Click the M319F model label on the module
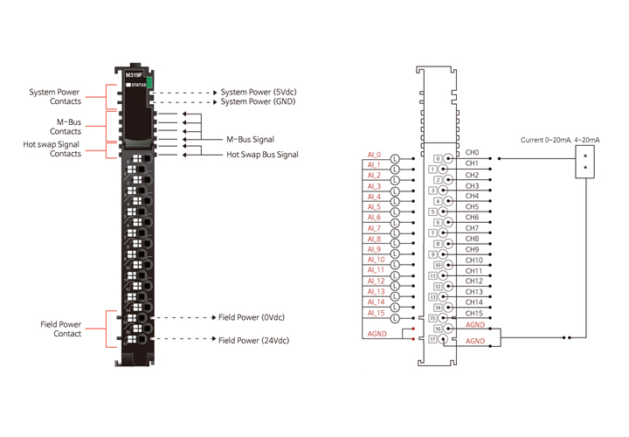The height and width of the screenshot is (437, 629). pos(134,75)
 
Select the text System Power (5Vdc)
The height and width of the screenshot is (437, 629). pos(258,91)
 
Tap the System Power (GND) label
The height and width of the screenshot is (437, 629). pos(258,101)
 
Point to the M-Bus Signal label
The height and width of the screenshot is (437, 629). pos(250,139)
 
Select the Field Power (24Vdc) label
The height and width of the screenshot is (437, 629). pos(254,340)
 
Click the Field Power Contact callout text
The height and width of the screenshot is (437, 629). pos(61,329)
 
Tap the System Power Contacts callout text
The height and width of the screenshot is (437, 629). pos(54,96)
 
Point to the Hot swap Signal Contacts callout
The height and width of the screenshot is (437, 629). pos(52,149)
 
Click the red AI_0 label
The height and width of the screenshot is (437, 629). pos(373,155)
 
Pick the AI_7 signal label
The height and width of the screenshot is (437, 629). pos(373,228)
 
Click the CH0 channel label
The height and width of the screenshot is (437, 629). pos(472,153)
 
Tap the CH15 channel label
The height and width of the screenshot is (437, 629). pos(474,313)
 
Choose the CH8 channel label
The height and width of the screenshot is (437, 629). pos(472,239)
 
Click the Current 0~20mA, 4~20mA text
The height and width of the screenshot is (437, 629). pos(560,140)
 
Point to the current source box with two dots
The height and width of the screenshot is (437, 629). pos(585,163)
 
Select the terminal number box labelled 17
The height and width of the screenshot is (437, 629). pos(433,338)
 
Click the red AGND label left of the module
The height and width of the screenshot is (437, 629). pos(376,334)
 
